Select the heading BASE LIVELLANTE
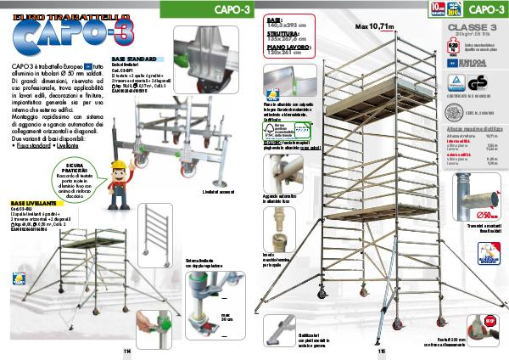pos(34,204)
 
